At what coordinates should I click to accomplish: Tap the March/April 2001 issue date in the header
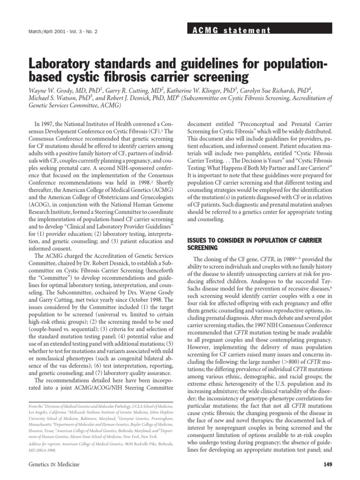[34, 32]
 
